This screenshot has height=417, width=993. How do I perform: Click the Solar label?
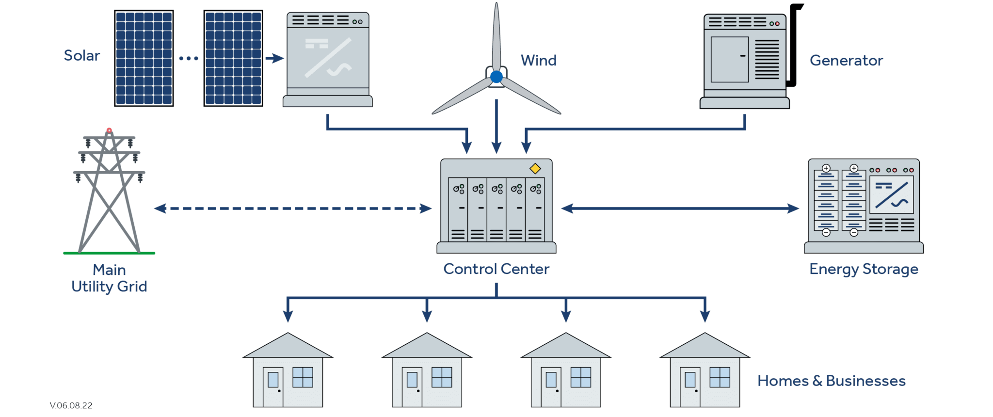81,55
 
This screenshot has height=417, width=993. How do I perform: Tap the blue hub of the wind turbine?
496,77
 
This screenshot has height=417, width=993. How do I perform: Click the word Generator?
846,60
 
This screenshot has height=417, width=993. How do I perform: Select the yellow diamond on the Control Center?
535,169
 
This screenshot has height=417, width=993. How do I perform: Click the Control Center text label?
496,269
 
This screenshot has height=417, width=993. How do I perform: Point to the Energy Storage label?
864,269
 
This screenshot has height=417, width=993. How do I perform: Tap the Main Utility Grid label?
109,278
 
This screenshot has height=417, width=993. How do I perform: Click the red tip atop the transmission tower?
109,130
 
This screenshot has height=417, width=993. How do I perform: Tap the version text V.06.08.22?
71,405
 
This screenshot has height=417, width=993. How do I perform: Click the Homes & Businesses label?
831,381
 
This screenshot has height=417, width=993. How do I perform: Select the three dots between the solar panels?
189,58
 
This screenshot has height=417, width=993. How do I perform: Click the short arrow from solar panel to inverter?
274,58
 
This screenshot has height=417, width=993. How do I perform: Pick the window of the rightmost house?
720,377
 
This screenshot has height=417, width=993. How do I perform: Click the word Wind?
538,60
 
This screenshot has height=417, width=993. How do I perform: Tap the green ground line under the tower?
109,253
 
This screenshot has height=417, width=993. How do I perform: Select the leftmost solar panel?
144,58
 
